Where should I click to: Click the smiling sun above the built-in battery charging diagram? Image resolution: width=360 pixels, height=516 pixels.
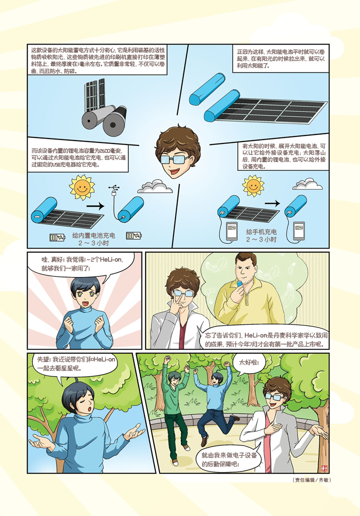click(x=81, y=187)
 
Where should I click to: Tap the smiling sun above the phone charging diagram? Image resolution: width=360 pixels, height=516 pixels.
click(x=253, y=186)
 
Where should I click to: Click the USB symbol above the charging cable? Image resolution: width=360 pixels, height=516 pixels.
click(x=113, y=188)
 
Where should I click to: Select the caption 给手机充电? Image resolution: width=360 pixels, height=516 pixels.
click(x=261, y=232)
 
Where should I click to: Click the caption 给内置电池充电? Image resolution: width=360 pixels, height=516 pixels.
click(x=94, y=235)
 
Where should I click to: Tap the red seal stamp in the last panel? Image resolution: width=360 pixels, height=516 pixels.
click(x=324, y=468)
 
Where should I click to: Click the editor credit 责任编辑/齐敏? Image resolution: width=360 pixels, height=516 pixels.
click(x=311, y=480)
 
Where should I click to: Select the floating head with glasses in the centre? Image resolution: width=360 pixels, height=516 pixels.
click(x=177, y=150)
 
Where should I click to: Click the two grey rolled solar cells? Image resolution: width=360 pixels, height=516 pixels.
click(x=104, y=119)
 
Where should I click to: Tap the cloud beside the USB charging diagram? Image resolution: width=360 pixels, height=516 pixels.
click(x=154, y=186)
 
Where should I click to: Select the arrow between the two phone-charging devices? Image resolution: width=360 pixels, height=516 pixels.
click(x=272, y=203)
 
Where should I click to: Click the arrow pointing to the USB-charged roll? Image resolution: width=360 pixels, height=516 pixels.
click(x=95, y=206)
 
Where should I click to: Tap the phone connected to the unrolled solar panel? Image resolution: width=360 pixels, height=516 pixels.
click(x=232, y=231)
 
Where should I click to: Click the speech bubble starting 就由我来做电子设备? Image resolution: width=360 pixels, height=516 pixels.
click(x=228, y=459)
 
